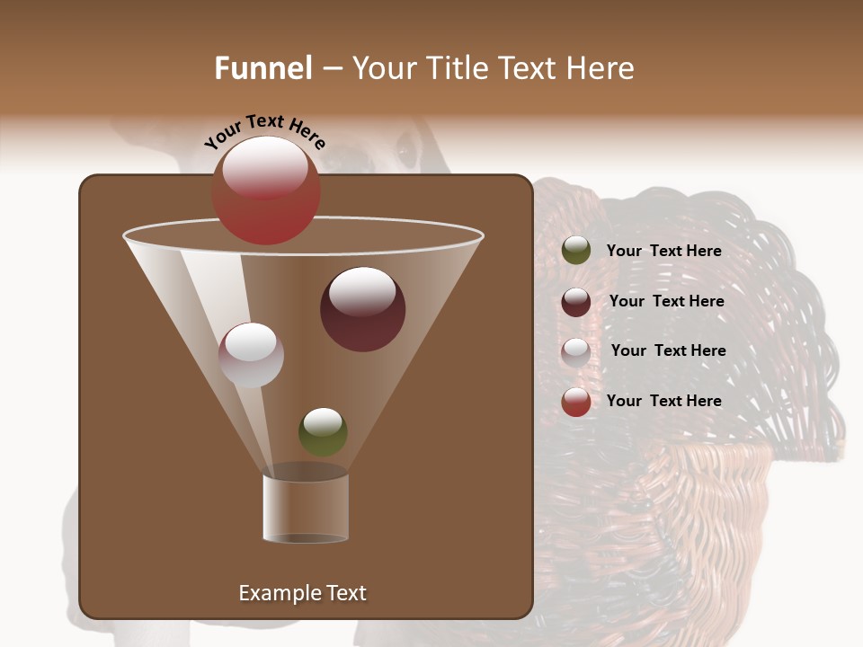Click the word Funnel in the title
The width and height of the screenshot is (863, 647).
click(263, 68)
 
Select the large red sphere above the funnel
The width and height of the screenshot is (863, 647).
click(266, 191)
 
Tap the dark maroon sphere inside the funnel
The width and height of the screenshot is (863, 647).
click(362, 309)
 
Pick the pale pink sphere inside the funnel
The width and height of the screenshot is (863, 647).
click(251, 355)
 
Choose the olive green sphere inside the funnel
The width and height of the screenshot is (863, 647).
click(323, 431)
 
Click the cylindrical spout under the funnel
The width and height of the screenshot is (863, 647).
click(305, 509)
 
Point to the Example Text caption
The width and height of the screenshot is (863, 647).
click(302, 593)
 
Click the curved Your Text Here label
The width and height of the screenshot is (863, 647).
click(265, 131)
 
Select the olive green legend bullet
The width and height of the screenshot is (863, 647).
click(576, 251)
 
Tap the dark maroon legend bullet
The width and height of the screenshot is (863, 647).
click(576, 302)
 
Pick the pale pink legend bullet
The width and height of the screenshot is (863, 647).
click(576, 351)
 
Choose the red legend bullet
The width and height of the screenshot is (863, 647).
click(576, 402)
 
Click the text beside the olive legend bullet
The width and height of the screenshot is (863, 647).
click(663, 251)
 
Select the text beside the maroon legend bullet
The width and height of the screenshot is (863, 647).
click(666, 301)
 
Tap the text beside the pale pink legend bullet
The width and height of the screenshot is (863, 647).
click(668, 350)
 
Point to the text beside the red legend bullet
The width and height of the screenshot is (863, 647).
click(663, 401)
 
